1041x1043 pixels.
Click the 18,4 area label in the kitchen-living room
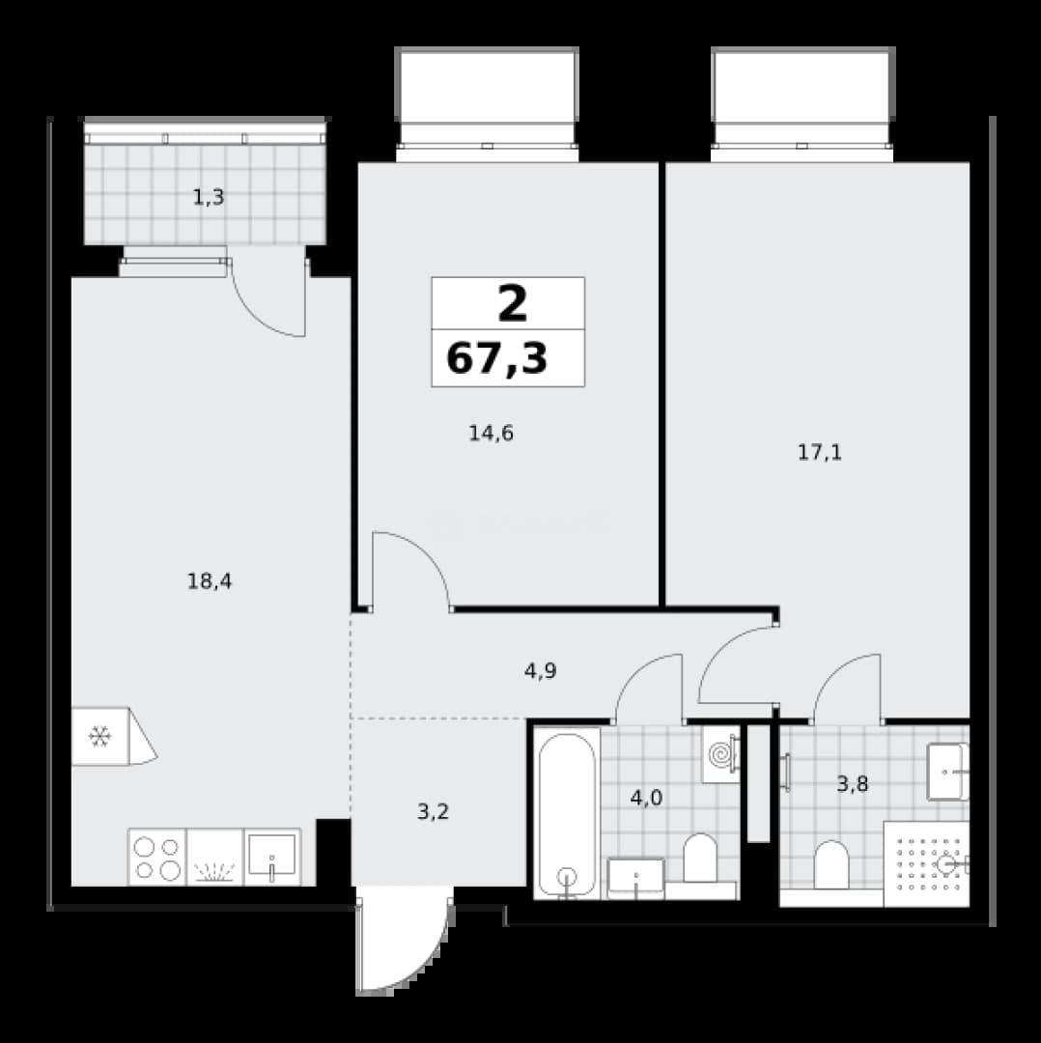click(x=210, y=582)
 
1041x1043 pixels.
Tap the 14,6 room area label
click(x=491, y=434)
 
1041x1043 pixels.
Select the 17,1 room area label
click(x=820, y=453)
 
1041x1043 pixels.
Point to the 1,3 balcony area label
click(x=209, y=198)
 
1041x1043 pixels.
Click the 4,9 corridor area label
click(x=540, y=671)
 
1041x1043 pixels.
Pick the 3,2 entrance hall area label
click(x=433, y=811)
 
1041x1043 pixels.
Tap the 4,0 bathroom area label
click(x=647, y=798)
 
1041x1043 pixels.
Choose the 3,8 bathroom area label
click(x=852, y=785)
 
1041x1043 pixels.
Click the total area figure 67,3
click(x=497, y=358)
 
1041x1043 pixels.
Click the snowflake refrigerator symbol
click(x=99, y=736)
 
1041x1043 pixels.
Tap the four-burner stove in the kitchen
click(x=157, y=858)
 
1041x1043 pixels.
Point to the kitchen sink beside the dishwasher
click(x=272, y=858)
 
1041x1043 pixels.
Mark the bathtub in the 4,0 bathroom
click(x=567, y=815)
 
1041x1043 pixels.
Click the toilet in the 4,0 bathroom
click(x=700, y=859)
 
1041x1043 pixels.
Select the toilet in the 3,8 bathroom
click(x=832, y=864)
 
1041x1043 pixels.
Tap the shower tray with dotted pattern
click(x=927, y=864)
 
